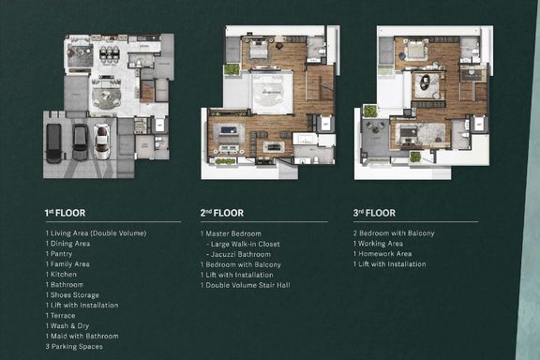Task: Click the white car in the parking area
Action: coord(102,142)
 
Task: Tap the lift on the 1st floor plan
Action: coord(159,125)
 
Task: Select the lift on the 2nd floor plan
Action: coord(325,124)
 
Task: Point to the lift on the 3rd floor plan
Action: coord(479,125)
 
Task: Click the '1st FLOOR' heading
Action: coord(65,213)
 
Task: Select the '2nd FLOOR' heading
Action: coord(222,213)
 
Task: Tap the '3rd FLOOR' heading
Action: coord(374,213)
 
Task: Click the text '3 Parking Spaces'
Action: coord(74,347)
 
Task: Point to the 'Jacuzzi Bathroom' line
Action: coord(240,254)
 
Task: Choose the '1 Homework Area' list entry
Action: coord(382,254)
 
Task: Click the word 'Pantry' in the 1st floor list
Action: coord(61,254)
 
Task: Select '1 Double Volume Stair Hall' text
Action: coord(246,285)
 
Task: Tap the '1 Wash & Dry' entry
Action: coord(67,326)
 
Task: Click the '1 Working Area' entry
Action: coord(378,244)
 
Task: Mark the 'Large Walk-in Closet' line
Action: coord(246,244)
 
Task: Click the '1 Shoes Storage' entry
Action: coord(72,295)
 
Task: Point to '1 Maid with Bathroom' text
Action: coord(82,337)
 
